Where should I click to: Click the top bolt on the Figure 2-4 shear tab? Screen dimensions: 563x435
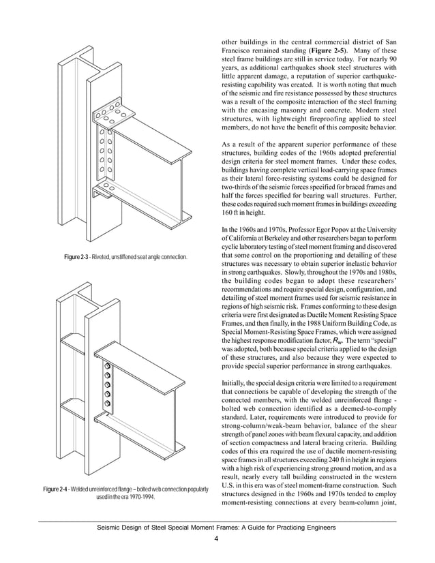107,369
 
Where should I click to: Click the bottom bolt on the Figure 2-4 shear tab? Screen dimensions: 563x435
107,406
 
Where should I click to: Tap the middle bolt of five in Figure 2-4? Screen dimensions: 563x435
107,387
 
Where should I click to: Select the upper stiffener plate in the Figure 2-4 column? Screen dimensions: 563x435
76,345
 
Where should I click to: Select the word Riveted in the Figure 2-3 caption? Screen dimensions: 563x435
107,256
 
